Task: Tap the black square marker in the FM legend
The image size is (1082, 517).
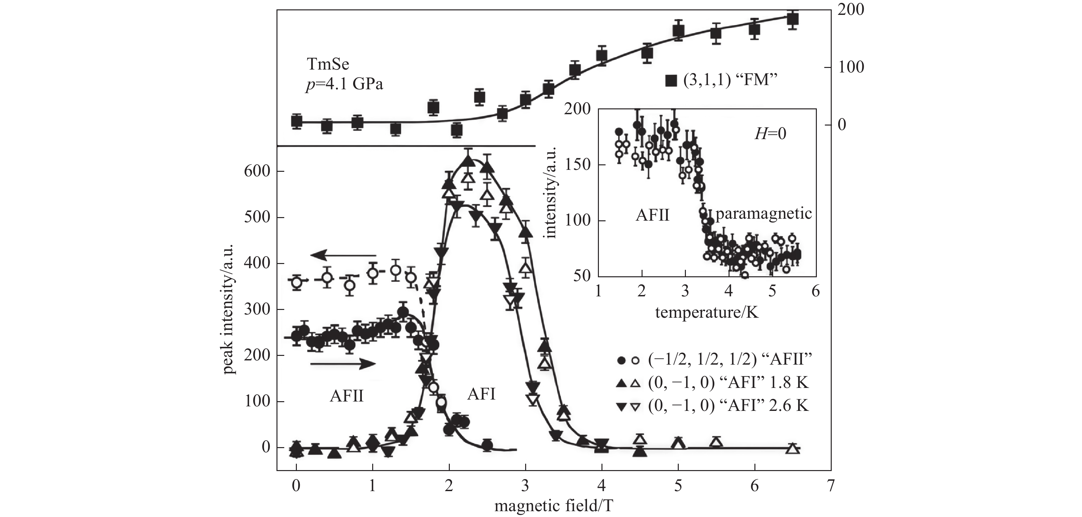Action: [672, 81]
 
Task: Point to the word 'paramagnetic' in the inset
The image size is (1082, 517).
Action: [763, 214]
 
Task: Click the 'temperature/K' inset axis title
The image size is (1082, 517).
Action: [707, 312]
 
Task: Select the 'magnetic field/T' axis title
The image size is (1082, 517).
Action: [554, 506]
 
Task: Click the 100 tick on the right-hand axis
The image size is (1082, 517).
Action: [852, 67]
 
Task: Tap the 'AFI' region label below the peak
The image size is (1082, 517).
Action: [481, 394]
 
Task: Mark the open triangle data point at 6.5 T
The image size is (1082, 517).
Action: [792, 448]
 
